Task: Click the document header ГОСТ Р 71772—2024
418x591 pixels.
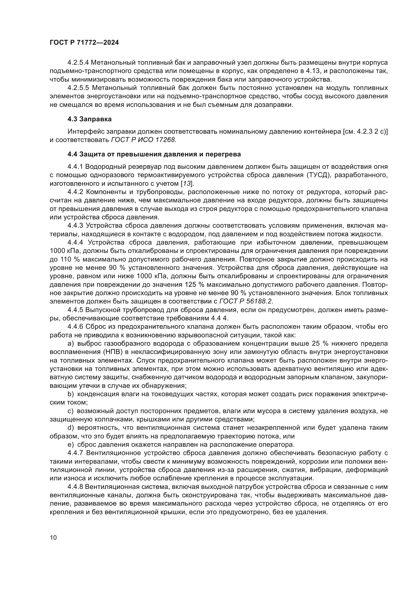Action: (x=84, y=43)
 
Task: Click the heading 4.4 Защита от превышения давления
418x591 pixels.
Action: (x=154, y=154)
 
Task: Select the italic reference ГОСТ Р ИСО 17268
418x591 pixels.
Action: (x=144, y=140)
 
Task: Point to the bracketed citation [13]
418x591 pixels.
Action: (x=187, y=184)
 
